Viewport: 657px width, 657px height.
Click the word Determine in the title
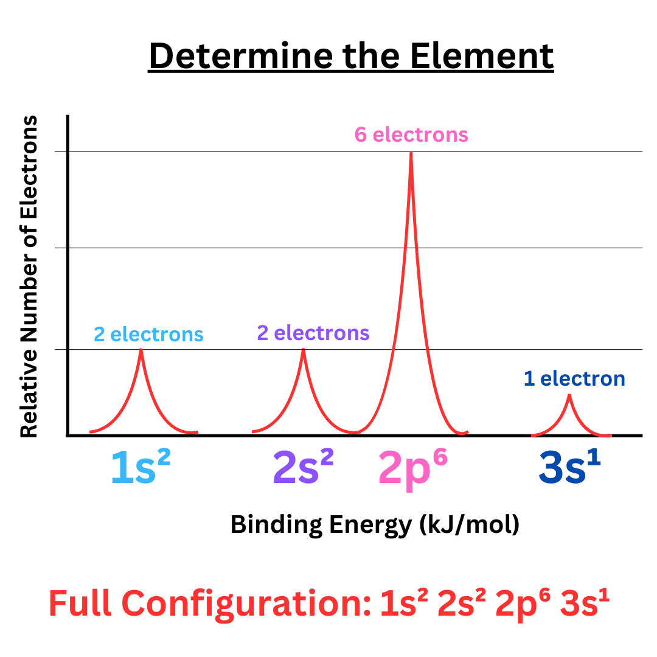coord(240,57)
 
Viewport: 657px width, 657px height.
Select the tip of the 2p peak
coord(411,153)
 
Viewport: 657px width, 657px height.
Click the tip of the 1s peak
coord(141,350)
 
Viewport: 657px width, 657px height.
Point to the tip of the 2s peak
coord(304,350)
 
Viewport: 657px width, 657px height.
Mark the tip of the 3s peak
coord(569,395)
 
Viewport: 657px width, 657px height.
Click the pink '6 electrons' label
coord(411,134)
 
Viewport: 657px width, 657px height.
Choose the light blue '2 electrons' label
coord(148,334)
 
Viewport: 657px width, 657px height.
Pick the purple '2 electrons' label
coord(313,333)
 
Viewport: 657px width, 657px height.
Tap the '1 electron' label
coord(574,379)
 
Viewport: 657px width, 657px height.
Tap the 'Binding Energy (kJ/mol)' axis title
coord(375,524)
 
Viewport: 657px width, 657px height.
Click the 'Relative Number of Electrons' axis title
coord(29,276)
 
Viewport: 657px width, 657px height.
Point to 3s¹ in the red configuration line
coord(585,604)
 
